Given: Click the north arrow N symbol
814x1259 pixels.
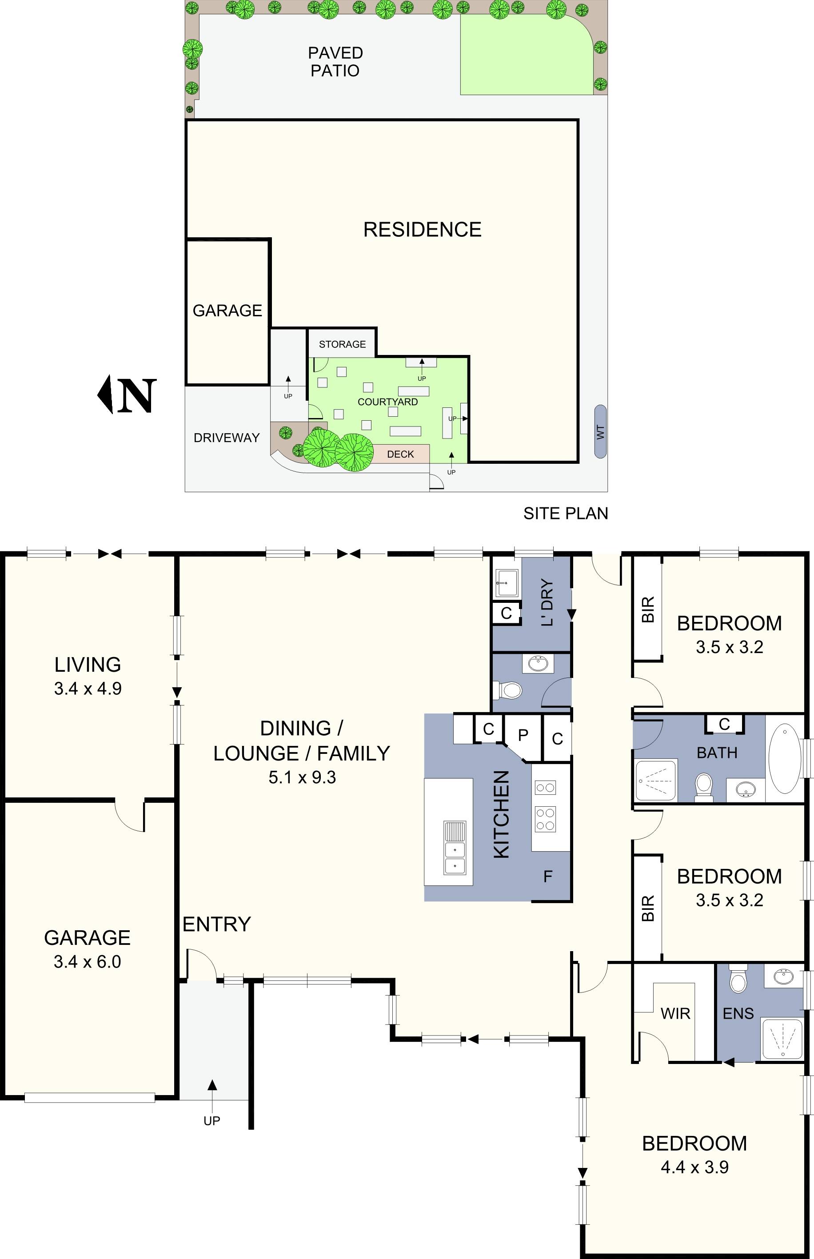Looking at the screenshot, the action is point(128,394).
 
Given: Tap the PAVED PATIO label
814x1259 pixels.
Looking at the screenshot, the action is point(335,62).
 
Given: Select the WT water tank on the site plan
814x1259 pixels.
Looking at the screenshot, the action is point(600,432).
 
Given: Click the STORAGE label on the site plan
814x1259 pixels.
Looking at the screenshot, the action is point(342,344).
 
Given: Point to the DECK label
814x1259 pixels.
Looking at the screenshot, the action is point(400,454).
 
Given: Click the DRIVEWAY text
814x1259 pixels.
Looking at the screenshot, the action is point(226,438).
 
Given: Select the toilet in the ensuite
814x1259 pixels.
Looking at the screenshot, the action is point(738,979).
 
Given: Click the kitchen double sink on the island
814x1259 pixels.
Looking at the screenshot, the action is point(454,848).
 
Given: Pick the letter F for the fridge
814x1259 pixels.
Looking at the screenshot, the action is point(547,877).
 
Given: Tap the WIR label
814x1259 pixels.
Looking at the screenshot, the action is point(675,1014).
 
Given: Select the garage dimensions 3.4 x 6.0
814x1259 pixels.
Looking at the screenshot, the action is point(87,961).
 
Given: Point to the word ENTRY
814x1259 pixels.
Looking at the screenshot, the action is point(217,924).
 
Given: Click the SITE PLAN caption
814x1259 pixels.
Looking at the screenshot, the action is point(566,514).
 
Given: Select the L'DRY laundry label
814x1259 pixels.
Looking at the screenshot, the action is point(547,602).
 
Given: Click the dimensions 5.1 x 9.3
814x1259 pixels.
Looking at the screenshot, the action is point(302,777).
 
